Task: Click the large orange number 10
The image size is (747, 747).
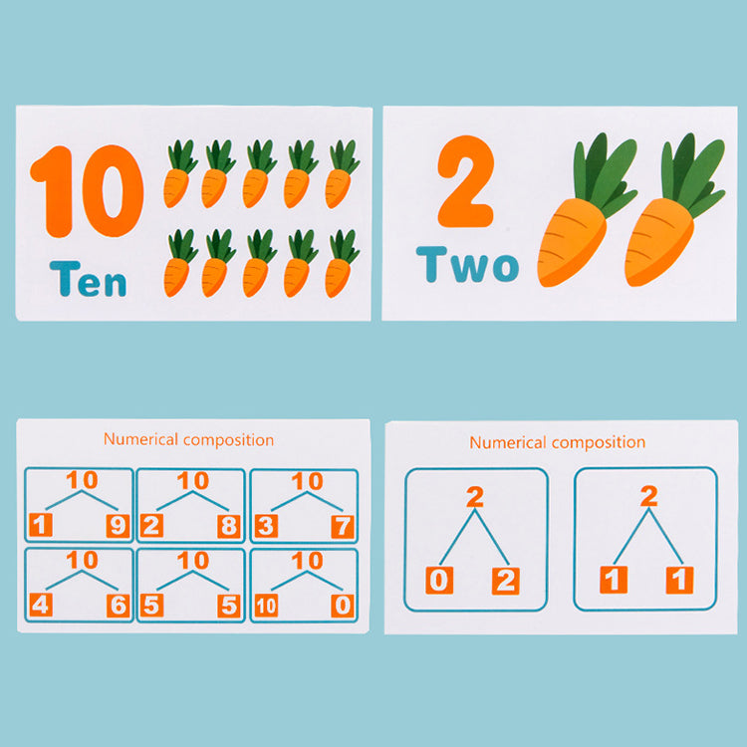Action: [x=87, y=191]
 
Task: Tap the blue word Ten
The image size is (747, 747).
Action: [x=88, y=279]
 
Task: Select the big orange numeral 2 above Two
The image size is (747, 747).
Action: [x=466, y=181]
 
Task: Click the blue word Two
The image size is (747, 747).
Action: [x=467, y=264]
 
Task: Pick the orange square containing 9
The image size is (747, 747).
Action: [x=118, y=526]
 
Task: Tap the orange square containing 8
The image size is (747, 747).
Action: [x=229, y=526]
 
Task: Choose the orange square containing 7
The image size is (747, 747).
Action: [x=343, y=526]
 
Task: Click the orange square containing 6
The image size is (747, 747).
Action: [x=118, y=606]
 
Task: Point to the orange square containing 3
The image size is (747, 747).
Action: [x=266, y=526]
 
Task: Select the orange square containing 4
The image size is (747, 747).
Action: [x=41, y=605]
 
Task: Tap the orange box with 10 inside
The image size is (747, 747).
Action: [x=266, y=606]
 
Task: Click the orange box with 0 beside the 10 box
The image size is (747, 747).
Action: [x=343, y=606]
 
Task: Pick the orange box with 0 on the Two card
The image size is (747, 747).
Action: [x=439, y=581]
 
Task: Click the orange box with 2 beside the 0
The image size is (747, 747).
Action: [x=505, y=581]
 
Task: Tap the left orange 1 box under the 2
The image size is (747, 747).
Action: [x=614, y=580]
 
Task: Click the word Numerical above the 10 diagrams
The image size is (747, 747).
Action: [x=140, y=439]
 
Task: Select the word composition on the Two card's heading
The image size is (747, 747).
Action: [x=599, y=442]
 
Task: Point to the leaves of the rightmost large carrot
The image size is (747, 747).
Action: [x=692, y=174]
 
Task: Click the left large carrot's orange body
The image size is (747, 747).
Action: [x=572, y=242]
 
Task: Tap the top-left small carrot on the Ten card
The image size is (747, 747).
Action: [x=179, y=173]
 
